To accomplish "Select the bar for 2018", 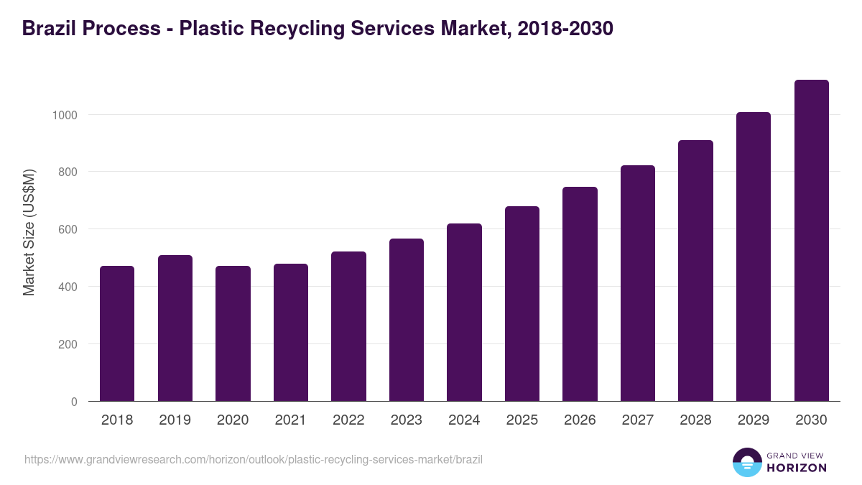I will point(117,333).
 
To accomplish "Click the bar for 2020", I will point(233,333).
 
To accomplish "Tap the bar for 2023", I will point(406,320).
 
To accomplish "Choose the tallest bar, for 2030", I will point(811,241).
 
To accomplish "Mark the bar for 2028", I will point(695,271).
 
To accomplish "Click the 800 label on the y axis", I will point(68,172).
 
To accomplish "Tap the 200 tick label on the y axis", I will point(68,344).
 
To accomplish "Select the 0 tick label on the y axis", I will point(74,402).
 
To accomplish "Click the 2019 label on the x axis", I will point(175,420).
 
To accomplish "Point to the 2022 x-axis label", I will point(348,420).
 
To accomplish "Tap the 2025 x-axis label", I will point(522,420).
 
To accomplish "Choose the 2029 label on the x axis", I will point(753,420).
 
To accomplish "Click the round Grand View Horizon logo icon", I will point(746,462).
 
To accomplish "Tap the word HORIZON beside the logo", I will point(797,468).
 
